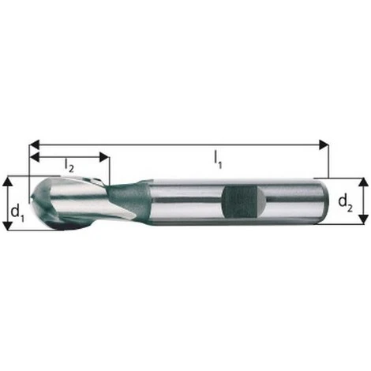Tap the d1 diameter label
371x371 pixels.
(15, 212)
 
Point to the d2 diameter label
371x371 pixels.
(346, 203)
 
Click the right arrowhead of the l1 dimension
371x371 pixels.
(324, 144)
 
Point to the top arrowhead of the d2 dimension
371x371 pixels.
(362, 182)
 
